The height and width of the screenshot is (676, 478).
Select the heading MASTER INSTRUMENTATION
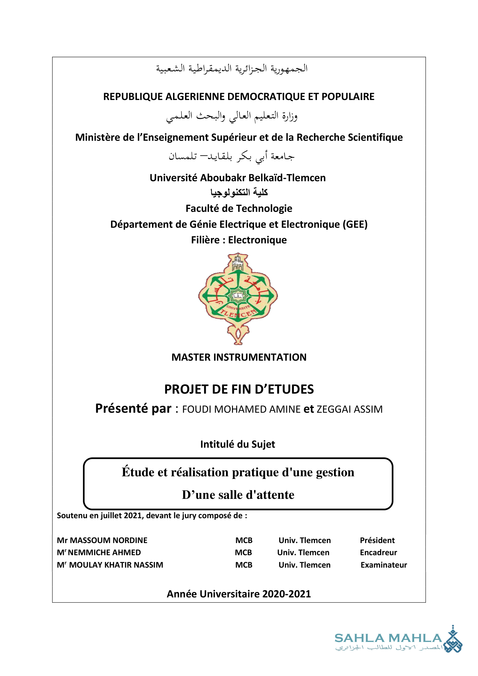(x=239, y=357)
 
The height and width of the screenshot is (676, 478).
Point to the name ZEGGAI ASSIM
(x=349, y=409)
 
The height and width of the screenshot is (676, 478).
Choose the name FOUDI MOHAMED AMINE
(x=241, y=409)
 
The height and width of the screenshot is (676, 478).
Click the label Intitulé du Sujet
(x=238, y=444)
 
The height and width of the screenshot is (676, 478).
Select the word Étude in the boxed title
(x=138, y=472)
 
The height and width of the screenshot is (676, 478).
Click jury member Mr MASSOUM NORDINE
(x=102, y=540)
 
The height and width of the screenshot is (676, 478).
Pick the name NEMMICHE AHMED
(x=104, y=552)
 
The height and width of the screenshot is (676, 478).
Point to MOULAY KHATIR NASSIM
(x=116, y=565)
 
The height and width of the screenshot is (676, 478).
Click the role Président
(x=377, y=540)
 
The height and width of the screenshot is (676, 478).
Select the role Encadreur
(x=378, y=552)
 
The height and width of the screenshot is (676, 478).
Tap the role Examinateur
(x=383, y=565)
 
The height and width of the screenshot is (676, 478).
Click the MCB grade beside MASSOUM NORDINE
(x=244, y=540)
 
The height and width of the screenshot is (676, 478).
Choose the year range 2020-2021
(x=286, y=594)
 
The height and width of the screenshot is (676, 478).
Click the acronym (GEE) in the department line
(x=355, y=224)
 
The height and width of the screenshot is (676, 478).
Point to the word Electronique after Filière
(x=257, y=240)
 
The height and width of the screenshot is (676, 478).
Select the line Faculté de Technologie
(x=239, y=208)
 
